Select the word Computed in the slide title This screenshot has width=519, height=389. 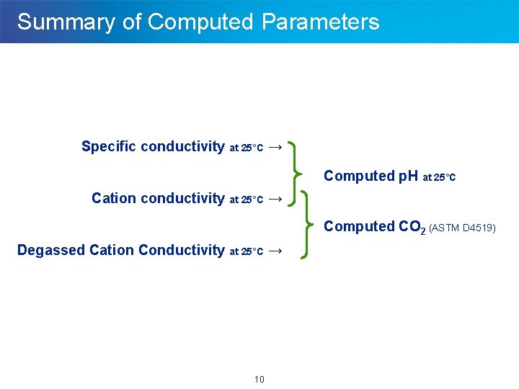click(x=201, y=22)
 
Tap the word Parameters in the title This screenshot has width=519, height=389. click(x=320, y=22)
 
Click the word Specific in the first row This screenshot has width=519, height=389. click(x=109, y=147)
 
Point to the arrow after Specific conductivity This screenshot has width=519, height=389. click(x=275, y=147)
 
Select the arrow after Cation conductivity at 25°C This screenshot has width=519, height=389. click(x=275, y=198)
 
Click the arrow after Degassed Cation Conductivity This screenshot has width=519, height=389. click(x=275, y=251)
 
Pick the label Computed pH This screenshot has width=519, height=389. click(x=371, y=176)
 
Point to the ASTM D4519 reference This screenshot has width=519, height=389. click(x=462, y=228)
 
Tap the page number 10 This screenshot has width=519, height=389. click(x=259, y=380)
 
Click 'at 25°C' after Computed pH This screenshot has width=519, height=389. click(x=439, y=177)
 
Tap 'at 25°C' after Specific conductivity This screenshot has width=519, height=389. click(x=246, y=148)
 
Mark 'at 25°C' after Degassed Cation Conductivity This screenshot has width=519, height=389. click(x=246, y=252)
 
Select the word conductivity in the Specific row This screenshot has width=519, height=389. click(x=183, y=147)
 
